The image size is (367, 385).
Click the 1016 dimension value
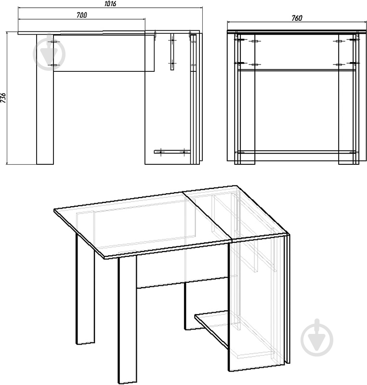[110, 4]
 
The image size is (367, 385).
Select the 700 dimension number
[81, 15]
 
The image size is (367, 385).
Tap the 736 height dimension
[3, 98]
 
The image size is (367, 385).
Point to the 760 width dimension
[297, 18]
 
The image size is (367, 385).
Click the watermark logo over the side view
[49, 52]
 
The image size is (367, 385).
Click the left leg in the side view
[45, 99]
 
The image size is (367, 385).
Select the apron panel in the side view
[104, 53]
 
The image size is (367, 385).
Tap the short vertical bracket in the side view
[172, 51]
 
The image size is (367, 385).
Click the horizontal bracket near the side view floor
[172, 152]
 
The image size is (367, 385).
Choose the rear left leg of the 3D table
[85, 289]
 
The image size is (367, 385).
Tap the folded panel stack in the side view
[197, 98]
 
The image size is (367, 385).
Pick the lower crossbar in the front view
[297, 152]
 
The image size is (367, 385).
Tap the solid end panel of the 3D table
[257, 303]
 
